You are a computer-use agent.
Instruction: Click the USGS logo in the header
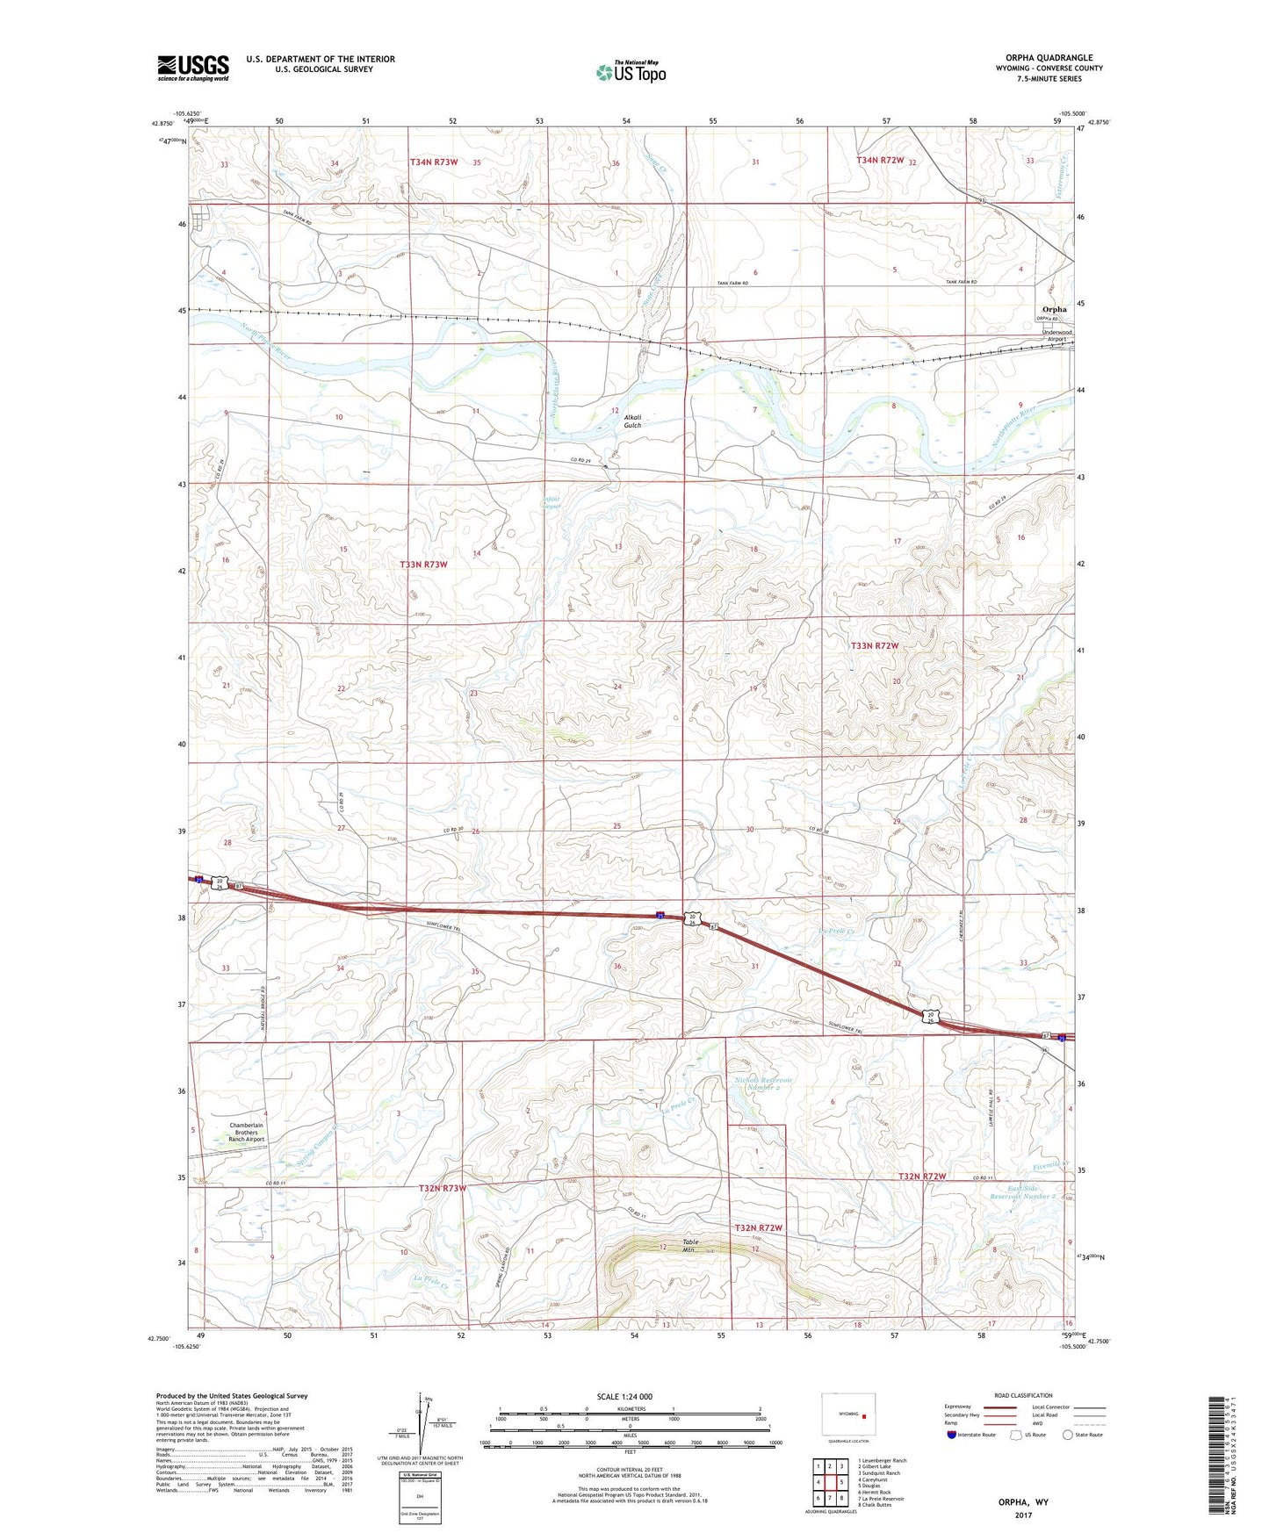193,68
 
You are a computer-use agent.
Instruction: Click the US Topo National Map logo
631,72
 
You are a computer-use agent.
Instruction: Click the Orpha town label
1054,309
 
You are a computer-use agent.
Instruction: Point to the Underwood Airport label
1056,335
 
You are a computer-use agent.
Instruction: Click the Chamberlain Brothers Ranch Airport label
246,1132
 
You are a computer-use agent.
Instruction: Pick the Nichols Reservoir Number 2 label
763,1083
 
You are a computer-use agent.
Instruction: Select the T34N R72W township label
880,161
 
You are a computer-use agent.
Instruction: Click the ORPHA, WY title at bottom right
1023,1502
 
